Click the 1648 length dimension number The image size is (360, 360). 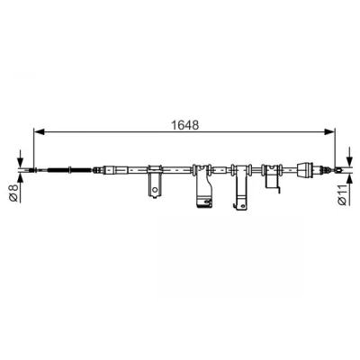pyautogui.click(x=184, y=125)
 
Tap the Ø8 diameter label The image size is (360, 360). pyautogui.click(x=14, y=193)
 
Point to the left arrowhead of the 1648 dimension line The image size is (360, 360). pyautogui.click(x=40, y=131)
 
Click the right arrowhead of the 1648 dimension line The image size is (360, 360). pyautogui.click(x=329, y=131)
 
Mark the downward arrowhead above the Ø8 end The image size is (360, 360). pyautogui.click(x=20, y=163)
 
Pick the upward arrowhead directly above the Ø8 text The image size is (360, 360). pyautogui.click(x=20, y=177)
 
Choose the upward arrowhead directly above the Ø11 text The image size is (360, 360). pyautogui.click(x=349, y=179)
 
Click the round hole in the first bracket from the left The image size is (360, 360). pyautogui.click(x=155, y=190)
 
